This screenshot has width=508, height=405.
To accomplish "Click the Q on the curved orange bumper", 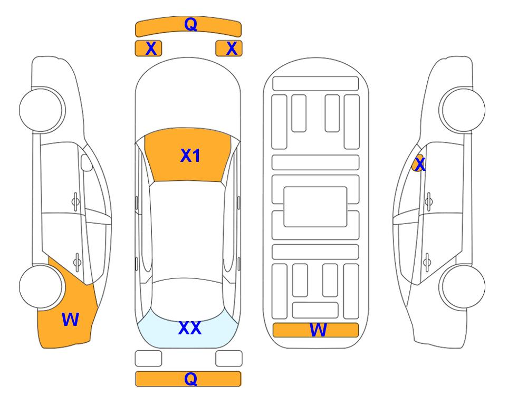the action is point(191,24).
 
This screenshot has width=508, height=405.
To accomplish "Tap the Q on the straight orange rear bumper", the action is point(191,379).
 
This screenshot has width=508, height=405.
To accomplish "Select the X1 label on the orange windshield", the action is point(190,156).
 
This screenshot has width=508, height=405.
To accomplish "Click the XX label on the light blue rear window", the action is point(190,328).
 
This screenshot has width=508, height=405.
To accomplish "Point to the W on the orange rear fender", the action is point(70,320).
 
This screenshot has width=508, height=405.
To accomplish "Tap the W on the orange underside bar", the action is point(318,330).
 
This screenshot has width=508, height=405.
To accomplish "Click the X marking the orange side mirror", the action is point(420,163).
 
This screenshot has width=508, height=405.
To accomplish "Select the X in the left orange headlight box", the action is point(151,49).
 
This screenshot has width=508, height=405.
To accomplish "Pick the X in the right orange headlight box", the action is point(232,49).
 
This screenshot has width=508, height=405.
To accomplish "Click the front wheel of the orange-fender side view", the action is point(41,110).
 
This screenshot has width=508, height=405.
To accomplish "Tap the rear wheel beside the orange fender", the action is point(41,286).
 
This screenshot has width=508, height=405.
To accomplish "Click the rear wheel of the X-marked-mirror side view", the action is point(463,286).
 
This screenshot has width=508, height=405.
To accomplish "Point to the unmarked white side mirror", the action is point(87,162).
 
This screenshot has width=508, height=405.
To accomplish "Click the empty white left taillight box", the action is point(148,359).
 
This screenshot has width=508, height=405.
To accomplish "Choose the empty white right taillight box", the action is point(229,359).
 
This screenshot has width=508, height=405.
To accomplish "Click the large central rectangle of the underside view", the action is point(315,207).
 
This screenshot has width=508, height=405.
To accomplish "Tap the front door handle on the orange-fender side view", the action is point(75,202).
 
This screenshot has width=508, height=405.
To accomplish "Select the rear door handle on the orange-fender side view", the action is point(77,262).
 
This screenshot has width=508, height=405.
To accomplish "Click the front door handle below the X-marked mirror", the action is point(429,202).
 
